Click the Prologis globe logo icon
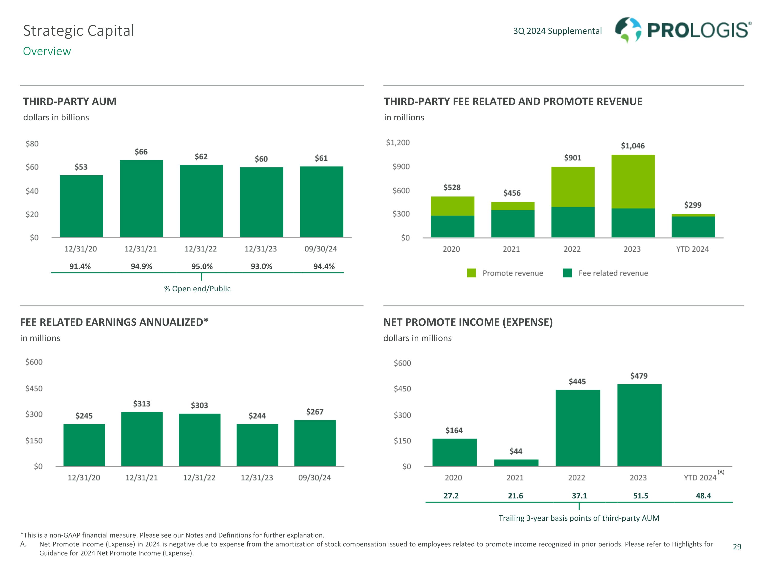(628, 30)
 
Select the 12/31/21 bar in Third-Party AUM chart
(141, 199)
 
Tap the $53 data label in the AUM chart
(81, 167)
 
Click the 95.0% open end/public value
(202, 266)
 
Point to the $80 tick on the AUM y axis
(32, 144)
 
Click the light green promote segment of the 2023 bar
(633, 182)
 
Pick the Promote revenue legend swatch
(471, 273)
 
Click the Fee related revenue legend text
(613, 273)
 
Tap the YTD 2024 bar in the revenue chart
(693, 226)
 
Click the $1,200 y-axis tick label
(398, 143)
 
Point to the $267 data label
(315, 412)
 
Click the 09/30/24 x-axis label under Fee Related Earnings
(314, 478)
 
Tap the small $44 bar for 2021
(516, 463)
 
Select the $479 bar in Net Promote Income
(639, 425)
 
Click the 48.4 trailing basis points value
(703, 496)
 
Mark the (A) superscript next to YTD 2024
(721, 472)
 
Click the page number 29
(737, 547)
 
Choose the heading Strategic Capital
(79, 30)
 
